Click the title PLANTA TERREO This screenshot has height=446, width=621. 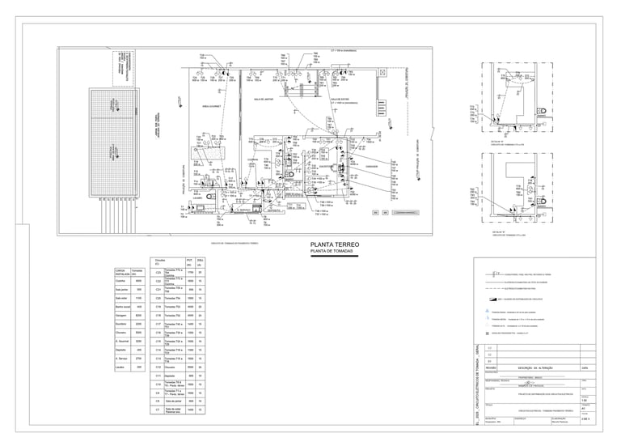(329, 244)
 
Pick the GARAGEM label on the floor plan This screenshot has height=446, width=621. (372, 167)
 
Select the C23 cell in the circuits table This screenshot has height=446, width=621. (158, 273)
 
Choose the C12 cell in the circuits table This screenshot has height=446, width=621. (158, 367)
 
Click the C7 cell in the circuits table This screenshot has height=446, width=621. (158, 410)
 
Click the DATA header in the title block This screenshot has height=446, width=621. (585, 367)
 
